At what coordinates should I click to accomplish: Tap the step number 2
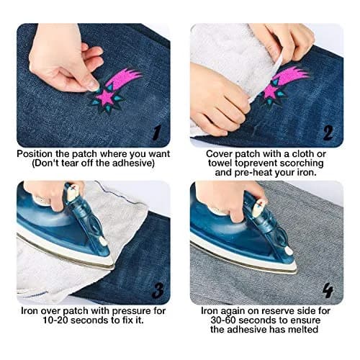click(328, 132)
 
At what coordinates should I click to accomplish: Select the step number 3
click(158, 290)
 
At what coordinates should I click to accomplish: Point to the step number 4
click(328, 291)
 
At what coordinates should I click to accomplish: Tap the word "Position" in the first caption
click(35, 154)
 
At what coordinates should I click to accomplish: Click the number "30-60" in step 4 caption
click(223, 320)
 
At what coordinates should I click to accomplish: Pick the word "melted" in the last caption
click(303, 329)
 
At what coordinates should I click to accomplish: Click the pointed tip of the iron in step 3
click(114, 269)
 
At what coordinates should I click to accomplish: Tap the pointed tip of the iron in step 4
click(297, 271)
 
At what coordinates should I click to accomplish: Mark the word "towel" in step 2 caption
click(220, 163)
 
